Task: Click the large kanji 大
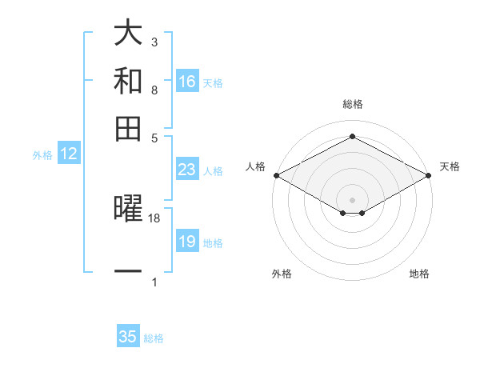pyautogui.click(x=128, y=34)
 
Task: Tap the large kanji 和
pyautogui.click(x=128, y=82)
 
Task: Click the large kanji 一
pyautogui.click(x=128, y=272)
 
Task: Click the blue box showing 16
pyautogui.click(x=187, y=82)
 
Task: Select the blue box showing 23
pyautogui.click(x=187, y=170)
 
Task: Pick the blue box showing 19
pyautogui.click(x=187, y=242)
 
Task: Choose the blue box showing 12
pyautogui.click(x=69, y=154)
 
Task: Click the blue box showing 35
pyautogui.click(x=128, y=337)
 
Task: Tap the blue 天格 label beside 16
pyautogui.click(x=213, y=83)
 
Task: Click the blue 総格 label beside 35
pyautogui.click(x=154, y=338)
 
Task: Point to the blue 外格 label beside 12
pyautogui.click(x=42, y=156)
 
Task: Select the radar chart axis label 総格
pyautogui.click(x=352, y=104)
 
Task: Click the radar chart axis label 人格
pyautogui.click(x=256, y=166)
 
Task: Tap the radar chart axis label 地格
pyautogui.click(x=419, y=274)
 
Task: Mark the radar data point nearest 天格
pyautogui.click(x=429, y=175)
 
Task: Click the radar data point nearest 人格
pyautogui.click(x=276, y=175)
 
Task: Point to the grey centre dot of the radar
pyautogui.click(x=352, y=198)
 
